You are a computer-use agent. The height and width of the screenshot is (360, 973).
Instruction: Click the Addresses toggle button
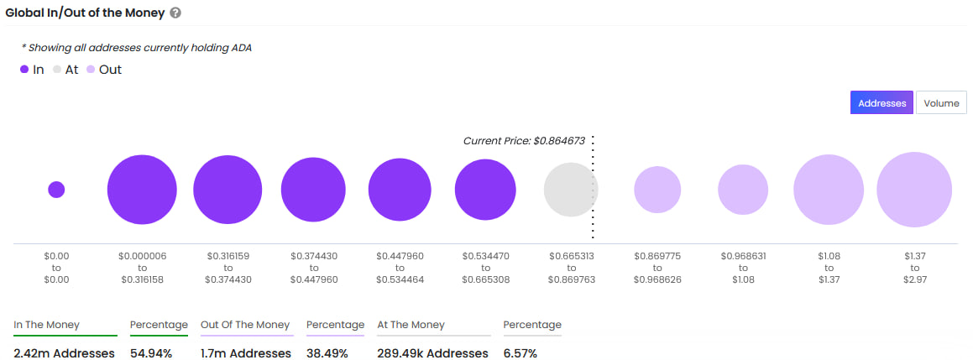tap(881, 103)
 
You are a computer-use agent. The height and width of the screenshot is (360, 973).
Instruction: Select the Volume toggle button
tap(941, 103)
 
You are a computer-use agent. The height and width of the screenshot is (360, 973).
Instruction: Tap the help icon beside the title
tap(175, 13)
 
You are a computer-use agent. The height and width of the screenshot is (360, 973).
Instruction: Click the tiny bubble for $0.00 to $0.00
tap(56, 190)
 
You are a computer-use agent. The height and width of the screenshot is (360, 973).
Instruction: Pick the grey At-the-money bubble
tap(571, 190)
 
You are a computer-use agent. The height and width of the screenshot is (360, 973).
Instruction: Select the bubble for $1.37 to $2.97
tap(913, 190)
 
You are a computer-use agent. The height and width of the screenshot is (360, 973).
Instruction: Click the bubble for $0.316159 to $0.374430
tap(228, 190)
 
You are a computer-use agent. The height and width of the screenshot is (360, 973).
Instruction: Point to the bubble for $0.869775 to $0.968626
tap(657, 190)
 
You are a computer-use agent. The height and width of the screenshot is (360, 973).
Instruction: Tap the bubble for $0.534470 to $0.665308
tap(485, 190)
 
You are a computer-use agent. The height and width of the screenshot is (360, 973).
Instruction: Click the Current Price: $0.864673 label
tap(524, 141)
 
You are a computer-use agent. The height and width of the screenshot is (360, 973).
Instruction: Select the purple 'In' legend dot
tap(24, 70)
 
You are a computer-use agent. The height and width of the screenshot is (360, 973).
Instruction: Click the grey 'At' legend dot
tap(57, 70)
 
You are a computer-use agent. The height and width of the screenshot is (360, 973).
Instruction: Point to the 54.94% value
tap(151, 353)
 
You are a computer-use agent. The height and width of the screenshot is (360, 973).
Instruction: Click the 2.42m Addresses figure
tap(64, 353)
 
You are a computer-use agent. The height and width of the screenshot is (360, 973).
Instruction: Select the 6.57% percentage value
tap(521, 353)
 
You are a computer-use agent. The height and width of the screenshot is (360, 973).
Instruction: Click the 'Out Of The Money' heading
tap(245, 325)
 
